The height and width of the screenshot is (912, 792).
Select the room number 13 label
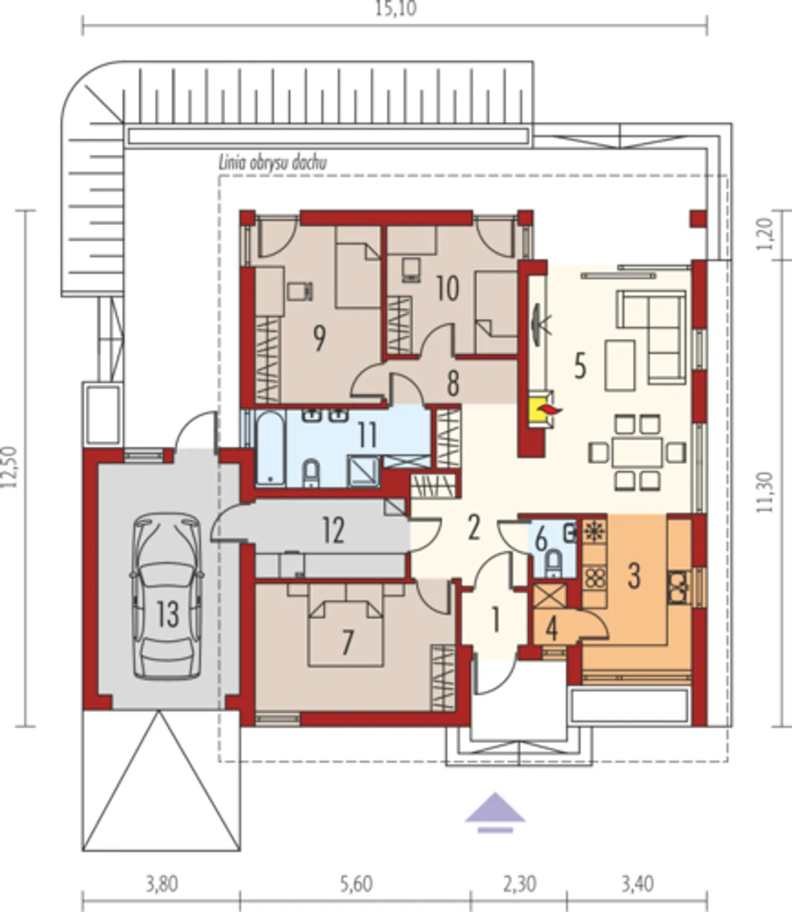pos(168,614)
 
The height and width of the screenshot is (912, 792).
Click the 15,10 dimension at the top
pos(396,9)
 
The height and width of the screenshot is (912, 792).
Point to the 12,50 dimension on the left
pos(10,467)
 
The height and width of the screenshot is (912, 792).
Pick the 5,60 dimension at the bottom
pos(356,884)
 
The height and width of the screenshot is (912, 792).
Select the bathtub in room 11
pos(270,448)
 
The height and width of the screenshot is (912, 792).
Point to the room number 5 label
pos(580,367)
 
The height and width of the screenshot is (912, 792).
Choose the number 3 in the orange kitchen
pos(634,576)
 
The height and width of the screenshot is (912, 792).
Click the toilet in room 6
pos(554,565)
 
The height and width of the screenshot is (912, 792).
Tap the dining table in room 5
pos(637,452)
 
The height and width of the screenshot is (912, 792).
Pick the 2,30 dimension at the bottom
pos(520,884)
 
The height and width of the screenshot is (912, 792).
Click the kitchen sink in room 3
pos(679,587)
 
